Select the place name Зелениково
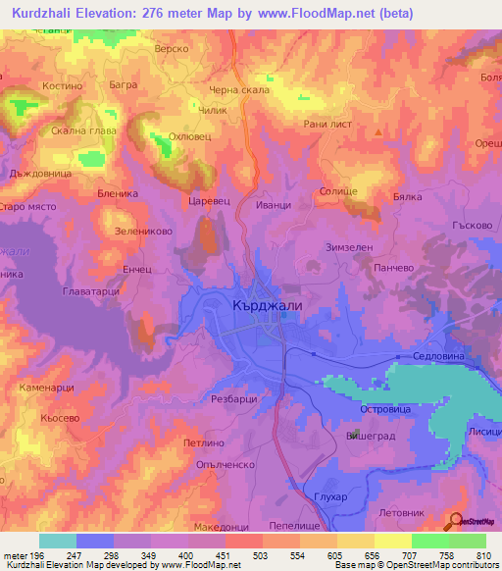point(144,233)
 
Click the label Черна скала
point(232,90)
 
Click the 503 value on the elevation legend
point(261,554)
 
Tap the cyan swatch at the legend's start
point(57,541)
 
